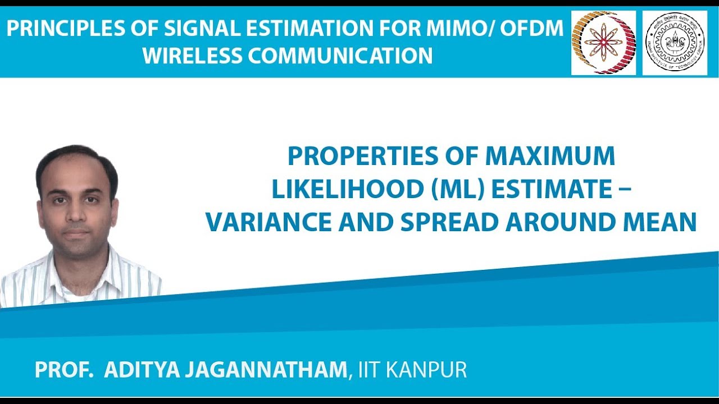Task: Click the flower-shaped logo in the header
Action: coord(603,43)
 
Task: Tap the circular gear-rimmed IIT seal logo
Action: coord(675,43)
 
